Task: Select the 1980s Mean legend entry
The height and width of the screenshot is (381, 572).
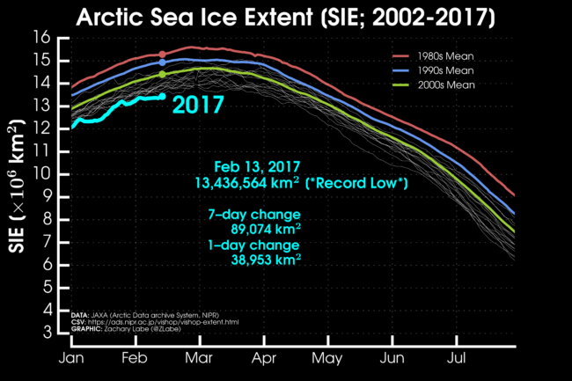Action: [444, 55]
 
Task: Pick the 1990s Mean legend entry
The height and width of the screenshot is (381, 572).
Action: [444, 70]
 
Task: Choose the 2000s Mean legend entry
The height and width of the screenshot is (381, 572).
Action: [444, 84]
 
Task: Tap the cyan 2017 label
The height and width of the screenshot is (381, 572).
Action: [197, 104]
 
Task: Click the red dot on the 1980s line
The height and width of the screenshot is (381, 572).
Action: [162, 55]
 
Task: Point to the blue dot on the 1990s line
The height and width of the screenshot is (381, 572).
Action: [162, 62]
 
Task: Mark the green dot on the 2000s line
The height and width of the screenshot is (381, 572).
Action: [162, 74]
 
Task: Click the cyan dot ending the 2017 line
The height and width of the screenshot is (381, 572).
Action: [162, 97]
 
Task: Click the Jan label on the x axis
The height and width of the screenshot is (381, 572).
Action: [71, 359]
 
